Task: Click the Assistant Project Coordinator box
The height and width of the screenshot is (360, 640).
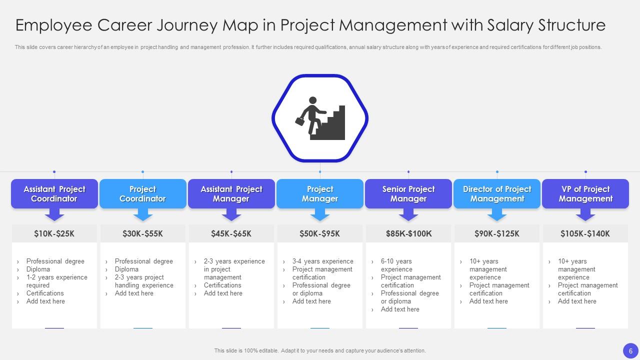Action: (x=54, y=194)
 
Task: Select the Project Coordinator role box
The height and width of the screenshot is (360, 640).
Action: (x=142, y=194)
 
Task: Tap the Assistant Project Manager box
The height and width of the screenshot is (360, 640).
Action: (x=231, y=194)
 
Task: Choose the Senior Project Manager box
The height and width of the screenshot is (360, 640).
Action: (x=408, y=194)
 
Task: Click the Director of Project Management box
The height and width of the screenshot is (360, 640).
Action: (x=496, y=194)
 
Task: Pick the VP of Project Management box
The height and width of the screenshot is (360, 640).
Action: (x=585, y=194)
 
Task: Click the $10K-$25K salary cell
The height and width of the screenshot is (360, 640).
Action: (x=54, y=233)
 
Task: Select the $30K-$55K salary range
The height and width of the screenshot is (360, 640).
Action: (x=142, y=233)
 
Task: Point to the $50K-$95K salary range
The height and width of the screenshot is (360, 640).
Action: (x=319, y=233)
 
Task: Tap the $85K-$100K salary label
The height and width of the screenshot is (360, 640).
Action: (x=408, y=233)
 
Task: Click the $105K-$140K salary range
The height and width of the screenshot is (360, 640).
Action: (x=585, y=233)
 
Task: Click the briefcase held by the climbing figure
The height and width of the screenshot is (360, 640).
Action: (x=300, y=121)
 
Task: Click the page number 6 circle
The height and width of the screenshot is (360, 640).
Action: (x=630, y=350)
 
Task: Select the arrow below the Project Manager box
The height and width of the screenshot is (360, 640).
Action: (x=319, y=215)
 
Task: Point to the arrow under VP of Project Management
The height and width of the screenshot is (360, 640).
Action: (x=585, y=215)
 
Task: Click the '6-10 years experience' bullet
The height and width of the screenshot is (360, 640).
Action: (x=396, y=265)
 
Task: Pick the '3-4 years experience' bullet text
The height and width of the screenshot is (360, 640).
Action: (x=322, y=261)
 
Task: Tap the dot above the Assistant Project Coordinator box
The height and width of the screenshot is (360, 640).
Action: (x=54, y=172)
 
